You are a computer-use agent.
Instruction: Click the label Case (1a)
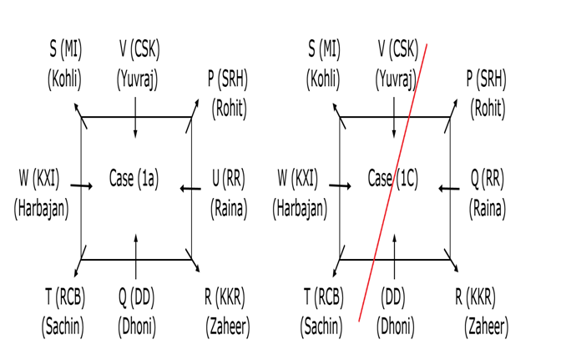pyautogui.click(x=134, y=179)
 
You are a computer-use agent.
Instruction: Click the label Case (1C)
pyautogui.click(x=393, y=179)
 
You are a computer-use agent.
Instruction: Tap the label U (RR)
pyautogui.click(x=229, y=178)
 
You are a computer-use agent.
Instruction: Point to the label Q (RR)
pyautogui.click(x=488, y=178)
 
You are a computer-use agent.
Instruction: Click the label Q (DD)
pyautogui.click(x=136, y=297)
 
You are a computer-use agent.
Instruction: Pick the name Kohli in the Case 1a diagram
pyautogui.click(x=65, y=80)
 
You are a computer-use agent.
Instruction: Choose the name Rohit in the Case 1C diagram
pyautogui.click(x=488, y=109)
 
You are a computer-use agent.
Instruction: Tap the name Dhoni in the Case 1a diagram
pyautogui.click(x=136, y=327)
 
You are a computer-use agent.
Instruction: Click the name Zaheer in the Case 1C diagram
pyautogui.click(x=486, y=327)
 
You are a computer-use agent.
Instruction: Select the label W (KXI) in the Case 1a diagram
pyautogui.click(x=39, y=178)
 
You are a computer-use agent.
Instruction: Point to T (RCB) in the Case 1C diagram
pyautogui.click(x=322, y=297)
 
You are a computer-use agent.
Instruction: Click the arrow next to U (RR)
pyautogui.click(x=191, y=189)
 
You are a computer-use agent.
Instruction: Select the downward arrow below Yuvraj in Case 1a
pyautogui.click(x=135, y=124)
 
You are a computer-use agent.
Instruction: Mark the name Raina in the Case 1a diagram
pyautogui.click(x=228, y=208)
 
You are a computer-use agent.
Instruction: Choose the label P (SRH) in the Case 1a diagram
pyautogui.click(x=227, y=79)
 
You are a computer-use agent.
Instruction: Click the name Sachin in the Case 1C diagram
pyautogui.click(x=322, y=327)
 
